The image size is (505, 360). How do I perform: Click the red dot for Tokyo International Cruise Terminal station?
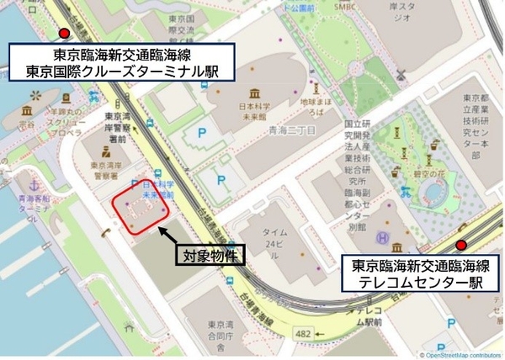(x=63, y=34)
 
